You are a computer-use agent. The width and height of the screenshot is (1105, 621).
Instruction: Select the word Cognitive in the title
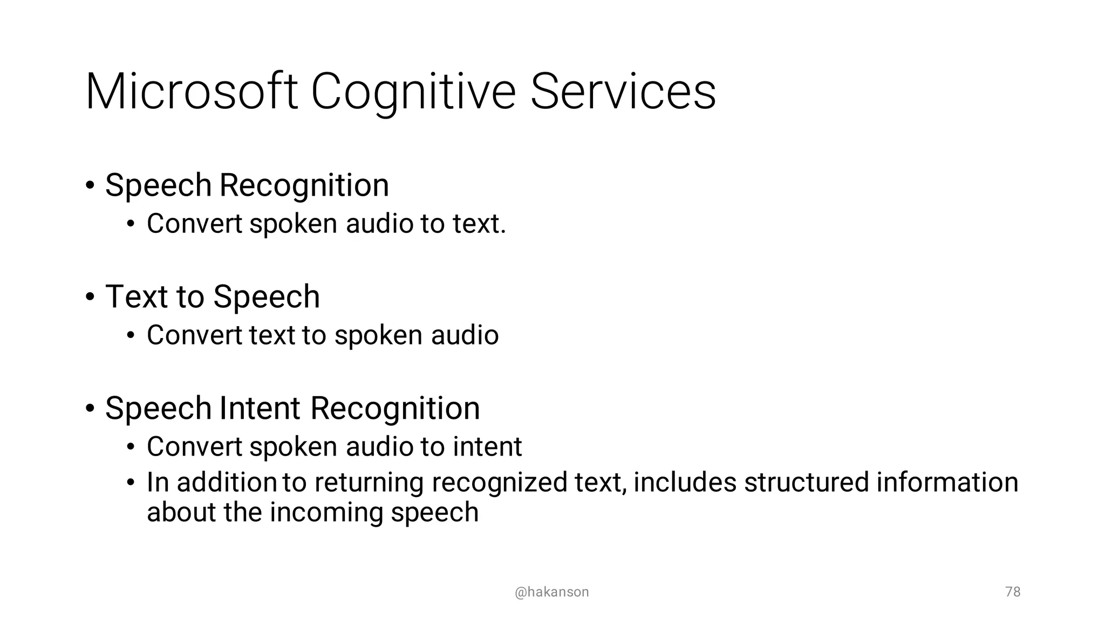(413, 93)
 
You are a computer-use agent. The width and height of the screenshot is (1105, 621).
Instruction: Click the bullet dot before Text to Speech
(90, 297)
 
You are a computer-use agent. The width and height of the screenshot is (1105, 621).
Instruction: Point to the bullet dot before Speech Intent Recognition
(90, 409)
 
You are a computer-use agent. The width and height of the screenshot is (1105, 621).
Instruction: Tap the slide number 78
(1013, 592)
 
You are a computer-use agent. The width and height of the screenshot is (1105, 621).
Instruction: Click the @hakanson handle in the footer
(551, 592)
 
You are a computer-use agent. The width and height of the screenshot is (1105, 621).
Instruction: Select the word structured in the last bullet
(806, 482)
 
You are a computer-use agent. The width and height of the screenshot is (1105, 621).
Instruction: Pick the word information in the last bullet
(947, 482)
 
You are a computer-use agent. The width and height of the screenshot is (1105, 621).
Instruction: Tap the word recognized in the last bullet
(499, 483)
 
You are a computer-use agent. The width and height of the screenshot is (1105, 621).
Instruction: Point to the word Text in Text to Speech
(137, 296)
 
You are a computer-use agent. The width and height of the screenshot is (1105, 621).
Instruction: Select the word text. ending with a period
(479, 224)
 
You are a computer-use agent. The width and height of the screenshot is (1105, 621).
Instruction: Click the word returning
(369, 483)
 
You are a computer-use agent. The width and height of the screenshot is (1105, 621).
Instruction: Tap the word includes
(685, 482)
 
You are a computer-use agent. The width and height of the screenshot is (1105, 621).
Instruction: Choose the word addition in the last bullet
(227, 482)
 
